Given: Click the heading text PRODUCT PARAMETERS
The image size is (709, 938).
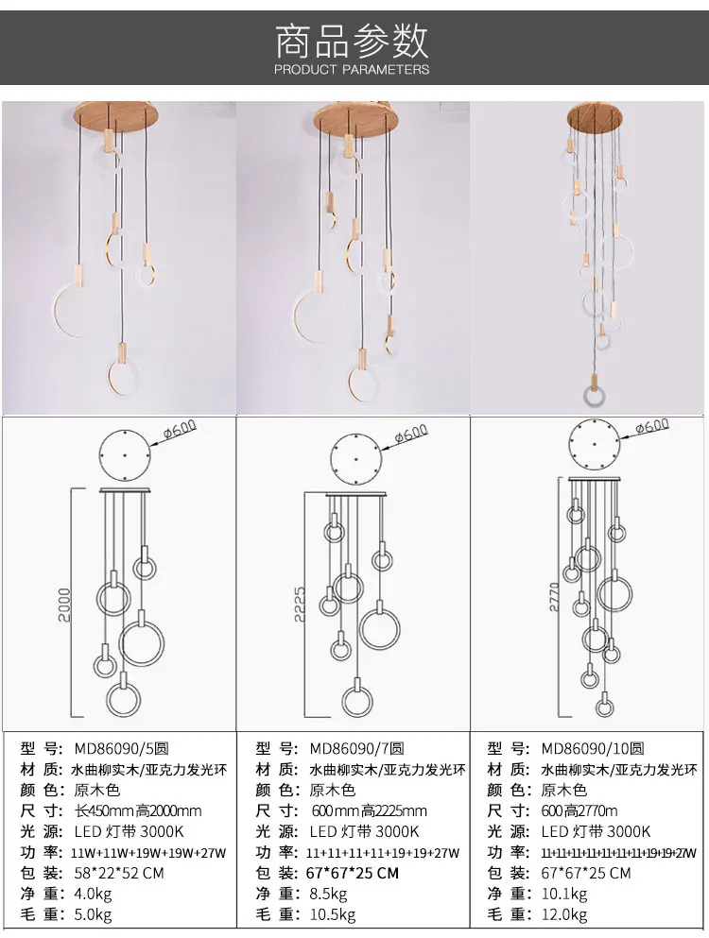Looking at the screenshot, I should (352, 69).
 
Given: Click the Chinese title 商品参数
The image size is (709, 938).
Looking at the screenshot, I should (352, 40).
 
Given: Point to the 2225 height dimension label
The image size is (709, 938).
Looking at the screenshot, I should (301, 604).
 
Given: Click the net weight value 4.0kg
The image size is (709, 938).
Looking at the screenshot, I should (93, 894).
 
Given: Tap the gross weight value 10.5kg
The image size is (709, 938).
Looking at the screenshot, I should (333, 914).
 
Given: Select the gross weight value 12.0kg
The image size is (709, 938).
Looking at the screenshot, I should (564, 914).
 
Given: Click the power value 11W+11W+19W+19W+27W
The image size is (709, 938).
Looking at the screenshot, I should (149, 853).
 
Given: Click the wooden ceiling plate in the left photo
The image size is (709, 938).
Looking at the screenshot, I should (115, 117).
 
